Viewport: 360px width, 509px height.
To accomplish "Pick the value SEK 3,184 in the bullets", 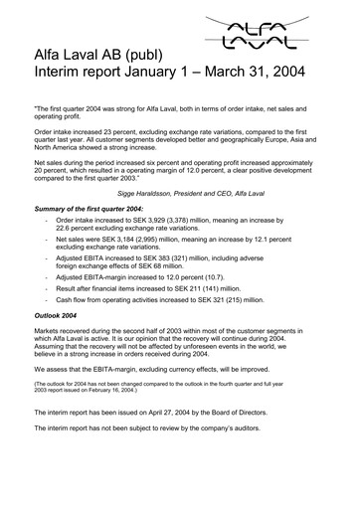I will [x=150, y=241].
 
